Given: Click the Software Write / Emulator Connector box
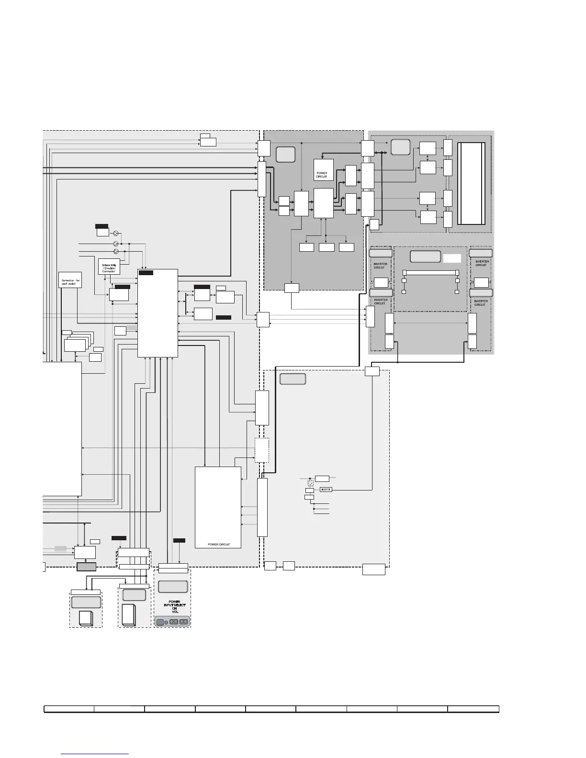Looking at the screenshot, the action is pyautogui.click(x=109, y=267).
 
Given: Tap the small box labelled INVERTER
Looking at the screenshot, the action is pyautogui.click(x=326, y=490).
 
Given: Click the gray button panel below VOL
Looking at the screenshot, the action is pyautogui.click(x=172, y=622).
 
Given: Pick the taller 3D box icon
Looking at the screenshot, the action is pyautogui.click(x=129, y=614).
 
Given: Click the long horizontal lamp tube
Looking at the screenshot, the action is pyautogui.click(x=430, y=272).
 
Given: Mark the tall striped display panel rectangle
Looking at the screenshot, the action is pyautogui.click(x=472, y=183).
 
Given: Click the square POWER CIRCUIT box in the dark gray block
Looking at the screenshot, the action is pyautogui.click(x=322, y=169).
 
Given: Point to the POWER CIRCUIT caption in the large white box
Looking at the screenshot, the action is pyautogui.click(x=219, y=545).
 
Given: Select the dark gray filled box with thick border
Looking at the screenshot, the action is pyautogui.click(x=86, y=567).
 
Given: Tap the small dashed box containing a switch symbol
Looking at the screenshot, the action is pyautogui.click(x=310, y=484).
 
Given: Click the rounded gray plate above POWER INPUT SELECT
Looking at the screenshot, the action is pyautogui.click(x=172, y=586).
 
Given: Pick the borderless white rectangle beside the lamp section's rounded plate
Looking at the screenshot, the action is pyautogui.click(x=452, y=258).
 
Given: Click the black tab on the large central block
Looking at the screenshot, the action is pyautogui.click(x=146, y=273).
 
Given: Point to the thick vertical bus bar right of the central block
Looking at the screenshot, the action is pyautogui.click(x=262, y=507).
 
